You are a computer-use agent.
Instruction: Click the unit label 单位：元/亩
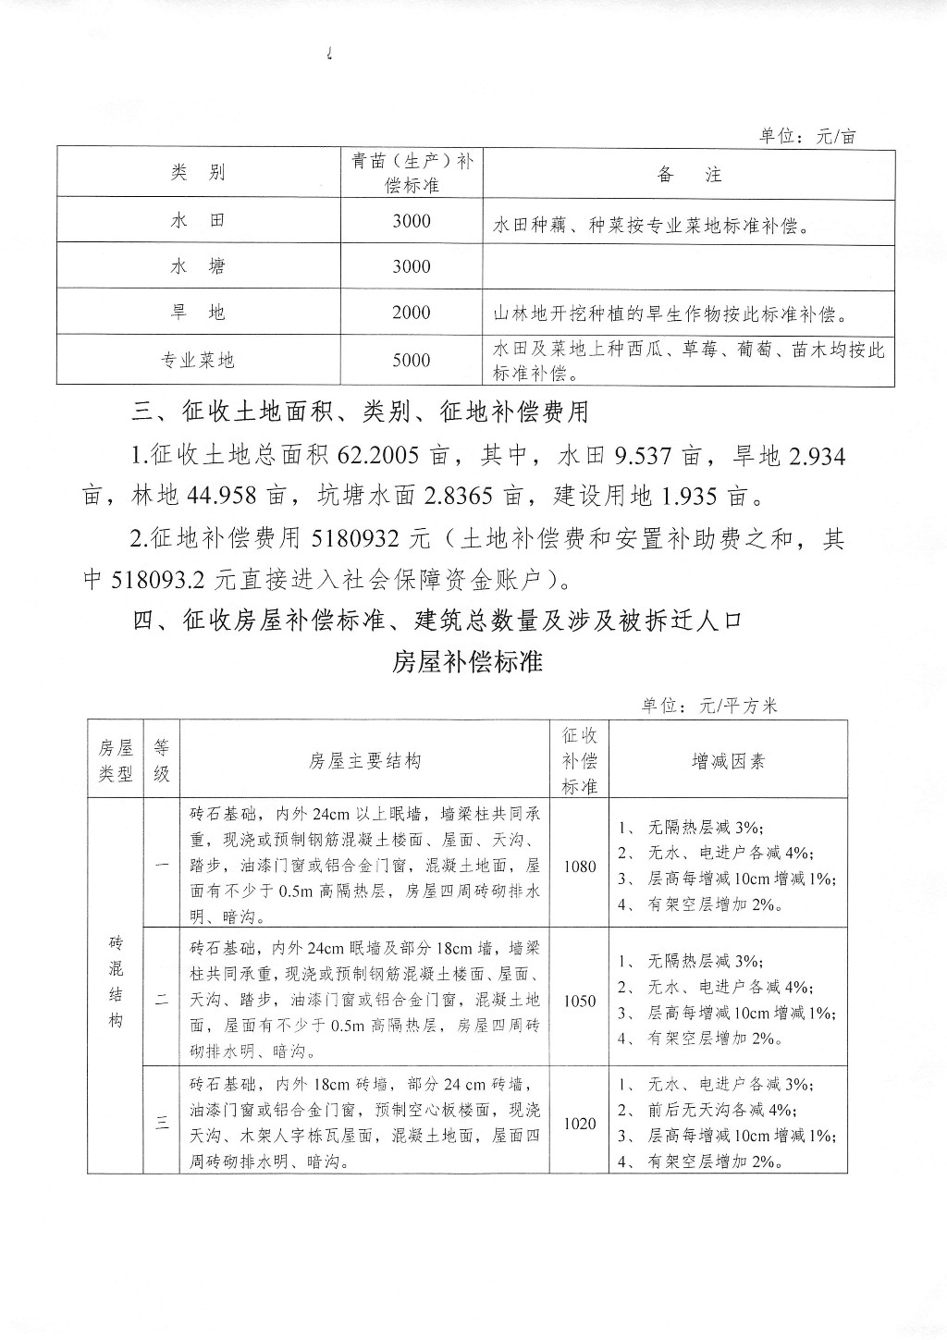pos(807,136)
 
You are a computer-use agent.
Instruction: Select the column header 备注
pos(689,174)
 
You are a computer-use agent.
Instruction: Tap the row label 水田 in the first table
pos(198,221)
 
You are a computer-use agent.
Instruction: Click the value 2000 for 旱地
pos(411,313)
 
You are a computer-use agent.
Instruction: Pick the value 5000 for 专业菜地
pos(411,360)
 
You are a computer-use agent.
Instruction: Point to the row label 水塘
pos(198,267)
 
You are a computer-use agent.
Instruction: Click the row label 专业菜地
pos(198,360)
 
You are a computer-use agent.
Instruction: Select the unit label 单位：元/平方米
pos(710,706)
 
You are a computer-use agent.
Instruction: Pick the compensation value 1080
pos(579,867)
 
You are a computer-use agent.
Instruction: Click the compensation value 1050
pos(579,1001)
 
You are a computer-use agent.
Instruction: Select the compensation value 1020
pos(579,1123)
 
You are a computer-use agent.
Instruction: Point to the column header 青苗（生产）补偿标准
pos(412,173)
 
